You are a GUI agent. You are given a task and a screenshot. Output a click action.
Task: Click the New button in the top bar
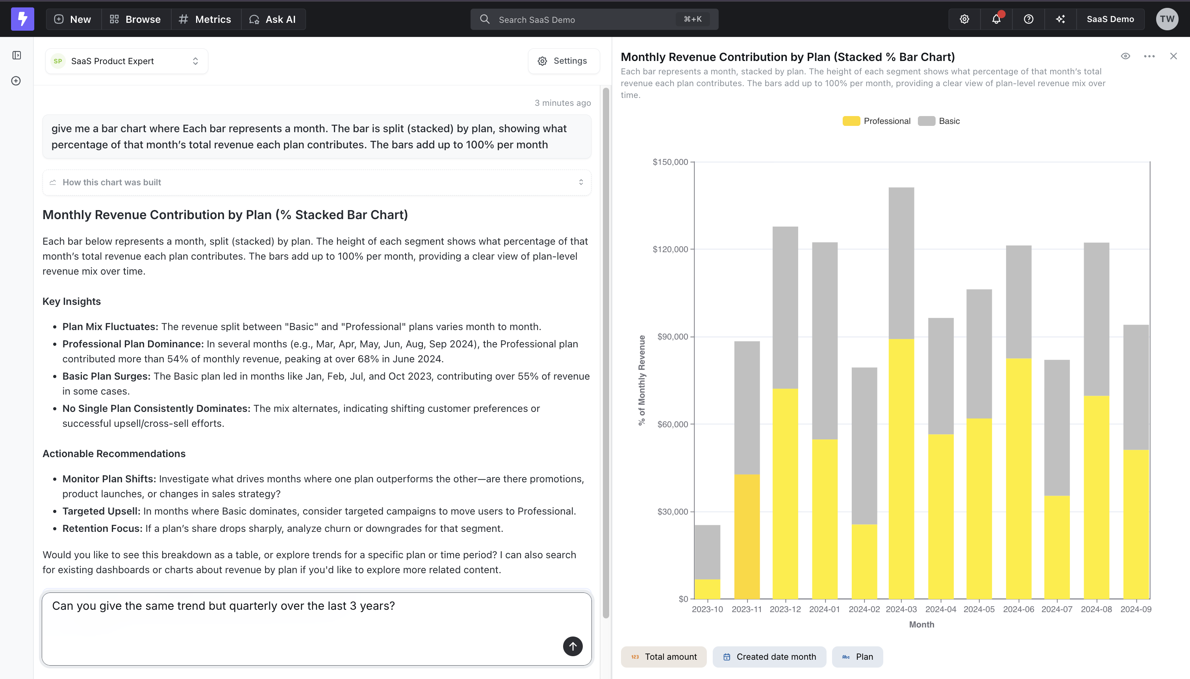(x=73, y=19)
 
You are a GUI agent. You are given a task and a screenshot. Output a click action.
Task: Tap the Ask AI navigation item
(x=273, y=19)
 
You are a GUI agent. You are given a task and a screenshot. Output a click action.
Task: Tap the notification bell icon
(x=996, y=19)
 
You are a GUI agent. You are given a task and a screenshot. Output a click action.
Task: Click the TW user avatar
(x=1167, y=19)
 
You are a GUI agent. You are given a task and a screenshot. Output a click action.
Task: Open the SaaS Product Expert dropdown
(x=126, y=61)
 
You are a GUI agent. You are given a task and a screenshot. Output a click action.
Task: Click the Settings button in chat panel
(x=563, y=61)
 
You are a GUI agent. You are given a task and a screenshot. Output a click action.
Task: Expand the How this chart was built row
(x=316, y=183)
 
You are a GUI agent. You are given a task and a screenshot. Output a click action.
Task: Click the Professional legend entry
(x=877, y=121)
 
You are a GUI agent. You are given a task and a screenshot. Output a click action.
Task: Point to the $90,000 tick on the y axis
(x=673, y=337)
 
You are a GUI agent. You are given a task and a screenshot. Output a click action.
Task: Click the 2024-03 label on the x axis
(x=901, y=609)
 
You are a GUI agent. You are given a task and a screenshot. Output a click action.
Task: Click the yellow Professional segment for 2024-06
(x=1018, y=478)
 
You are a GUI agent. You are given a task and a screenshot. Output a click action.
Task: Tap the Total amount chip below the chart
(x=663, y=657)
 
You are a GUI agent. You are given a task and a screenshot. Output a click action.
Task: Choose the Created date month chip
(x=769, y=657)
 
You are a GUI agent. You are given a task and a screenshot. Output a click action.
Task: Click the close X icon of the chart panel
(x=1173, y=56)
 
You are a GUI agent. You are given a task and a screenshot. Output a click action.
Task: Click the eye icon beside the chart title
(x=1125, y=56)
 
